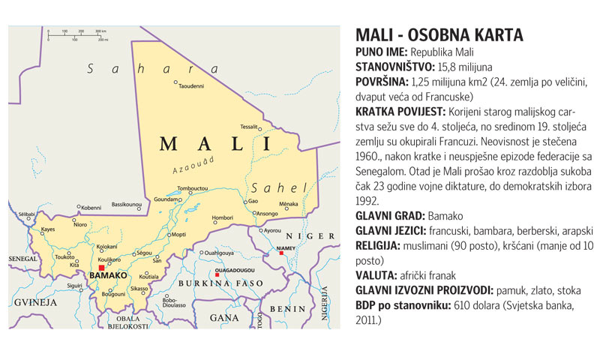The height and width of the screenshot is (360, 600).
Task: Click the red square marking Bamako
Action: click(x=101, y=267)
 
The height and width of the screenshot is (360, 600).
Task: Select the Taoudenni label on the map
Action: click(x=191, y=86)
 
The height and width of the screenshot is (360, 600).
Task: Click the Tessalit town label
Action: click(x=249, y=126)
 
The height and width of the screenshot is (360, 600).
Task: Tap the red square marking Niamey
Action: click(x=281, y=253)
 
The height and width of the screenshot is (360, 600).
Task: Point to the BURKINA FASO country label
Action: click(x=220, y=283)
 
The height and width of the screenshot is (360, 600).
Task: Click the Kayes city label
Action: click(x=48, y=229)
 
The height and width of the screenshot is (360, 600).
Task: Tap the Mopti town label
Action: click(x=178, y=235)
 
